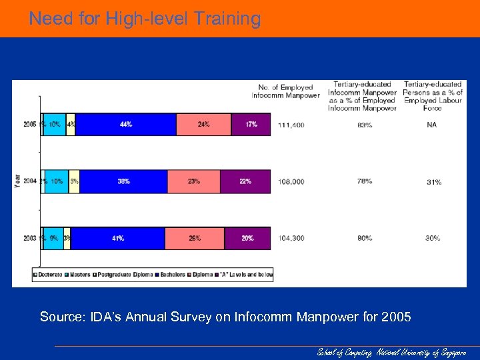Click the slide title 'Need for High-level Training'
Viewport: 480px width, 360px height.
click(x=145, y=19)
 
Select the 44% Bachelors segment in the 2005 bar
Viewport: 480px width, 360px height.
click(x=126, y=124)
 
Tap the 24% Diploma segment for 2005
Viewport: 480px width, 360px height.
click(x=203, y=124)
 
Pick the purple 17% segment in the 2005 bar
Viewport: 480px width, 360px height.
click(x=251, y=124)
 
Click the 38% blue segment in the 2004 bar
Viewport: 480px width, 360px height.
click(x=123, y=181)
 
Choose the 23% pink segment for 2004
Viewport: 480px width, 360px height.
click(x=194, y=181)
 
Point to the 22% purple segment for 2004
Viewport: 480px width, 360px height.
click(x=245, y=181)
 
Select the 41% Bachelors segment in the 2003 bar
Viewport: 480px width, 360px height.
click(x=118, y=238)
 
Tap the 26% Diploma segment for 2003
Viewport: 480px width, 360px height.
click(x=195, y=238)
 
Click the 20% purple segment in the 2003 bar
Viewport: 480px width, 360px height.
click(x=247, y=238)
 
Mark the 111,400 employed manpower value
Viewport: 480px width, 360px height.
click(x=291, y=125)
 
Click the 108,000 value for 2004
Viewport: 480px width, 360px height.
click(x=291, y=181)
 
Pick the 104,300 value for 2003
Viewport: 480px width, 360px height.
click(x=291, y=238)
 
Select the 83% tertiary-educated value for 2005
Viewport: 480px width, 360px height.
click(x=365, y=125)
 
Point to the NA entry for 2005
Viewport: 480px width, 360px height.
click(x=432, y=125)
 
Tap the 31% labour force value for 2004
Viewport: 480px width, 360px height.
click(x=433, y=182)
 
